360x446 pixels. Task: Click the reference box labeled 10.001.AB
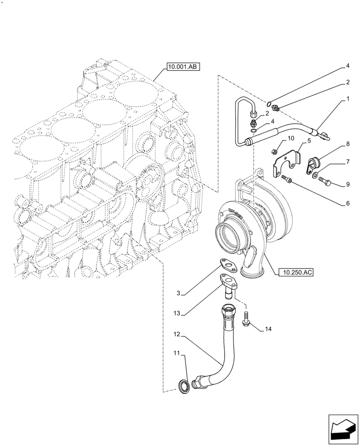click(183, 67)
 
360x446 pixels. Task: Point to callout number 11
click(177, 354)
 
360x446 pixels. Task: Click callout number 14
click(267, 329)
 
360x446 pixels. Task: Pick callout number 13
click(177, 314)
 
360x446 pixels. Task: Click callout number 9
click(347, 184)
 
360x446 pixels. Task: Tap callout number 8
click(347, 144)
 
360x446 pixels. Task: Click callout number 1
click(347, 102)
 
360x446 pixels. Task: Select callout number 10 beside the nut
click(290, 139)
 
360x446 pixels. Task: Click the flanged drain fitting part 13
click(229, 286)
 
